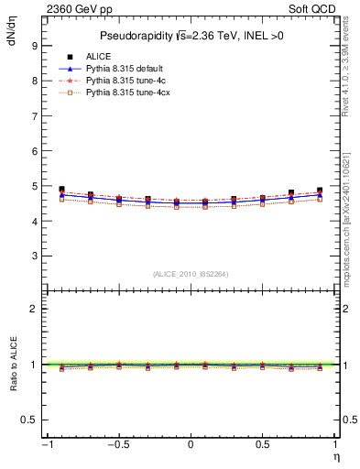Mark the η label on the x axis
[335, 455]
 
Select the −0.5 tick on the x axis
[116, 445]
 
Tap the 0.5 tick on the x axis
[263, 445]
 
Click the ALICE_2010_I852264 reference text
[191, 274]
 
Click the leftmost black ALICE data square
[61, 190]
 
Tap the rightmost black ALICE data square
[320, 191]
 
